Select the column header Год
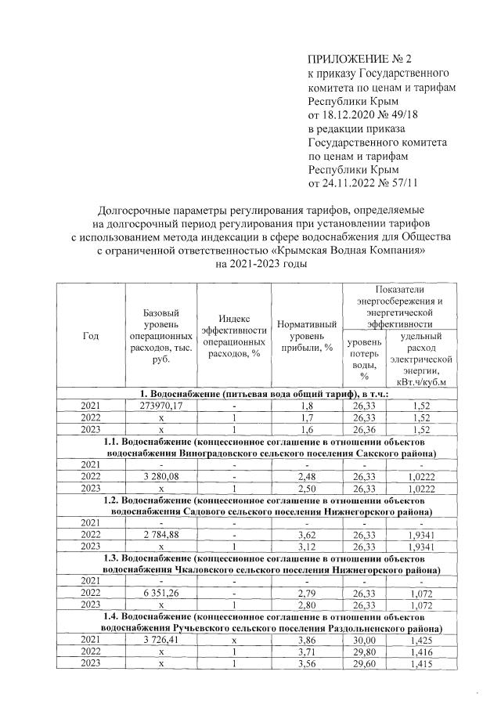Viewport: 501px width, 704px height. coord(91,336)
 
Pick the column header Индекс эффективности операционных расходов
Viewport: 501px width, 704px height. coord(234,336)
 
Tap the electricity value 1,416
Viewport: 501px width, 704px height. coord(427,650)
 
